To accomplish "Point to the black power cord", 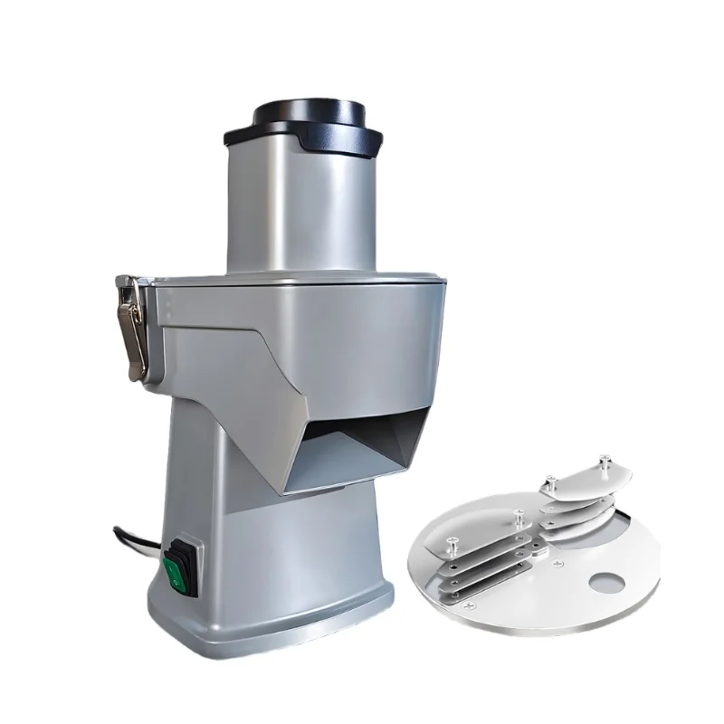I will pyautogui.click(x=136, y=538).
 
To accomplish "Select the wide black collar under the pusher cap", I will pyautogui.click(x=302, y=138).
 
